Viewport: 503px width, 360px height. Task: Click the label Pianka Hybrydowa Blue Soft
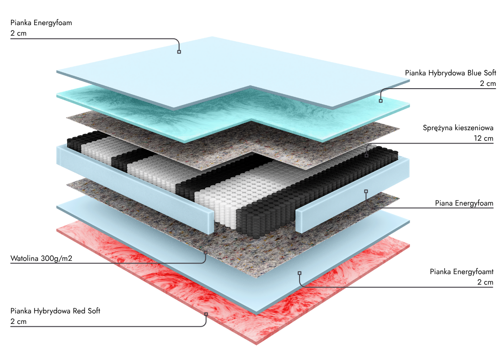tap(450, 73)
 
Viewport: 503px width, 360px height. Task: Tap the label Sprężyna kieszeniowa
tap(458, 128)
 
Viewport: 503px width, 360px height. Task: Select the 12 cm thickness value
tap(484, 138)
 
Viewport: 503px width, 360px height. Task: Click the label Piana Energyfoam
tap(464, 203)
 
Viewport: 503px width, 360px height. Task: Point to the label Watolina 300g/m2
tap(42, 259)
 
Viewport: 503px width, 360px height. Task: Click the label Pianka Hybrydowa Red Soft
tap(55, 311)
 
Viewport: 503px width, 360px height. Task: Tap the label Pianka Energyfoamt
tap(461, 272)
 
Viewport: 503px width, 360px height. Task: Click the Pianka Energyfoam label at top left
tap(41, 22)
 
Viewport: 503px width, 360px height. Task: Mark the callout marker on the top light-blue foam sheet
tap(179, 52)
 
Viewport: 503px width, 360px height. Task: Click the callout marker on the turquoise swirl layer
tap(380, 101)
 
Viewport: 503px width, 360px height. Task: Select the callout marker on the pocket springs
tap(366, 155)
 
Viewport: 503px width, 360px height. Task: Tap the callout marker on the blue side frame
tap(366, 191)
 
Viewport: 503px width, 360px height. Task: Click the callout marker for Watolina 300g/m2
tap(205, 252)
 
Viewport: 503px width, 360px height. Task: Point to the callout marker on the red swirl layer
tap(206, 314)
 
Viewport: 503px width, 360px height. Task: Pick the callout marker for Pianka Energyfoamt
tap(300, 273)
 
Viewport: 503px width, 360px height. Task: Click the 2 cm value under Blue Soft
tap(487, 84)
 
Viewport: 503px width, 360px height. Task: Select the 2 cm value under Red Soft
tap(18, 322)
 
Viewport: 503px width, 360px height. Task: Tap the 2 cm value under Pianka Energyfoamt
tap(485, 282)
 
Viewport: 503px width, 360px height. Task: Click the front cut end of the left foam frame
tap(208, 224)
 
